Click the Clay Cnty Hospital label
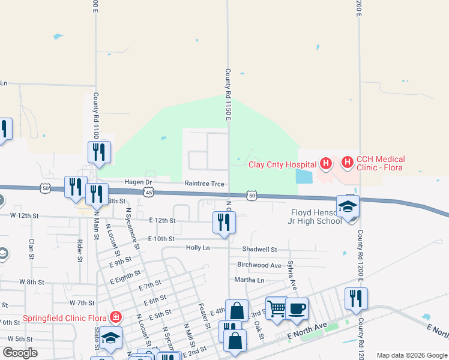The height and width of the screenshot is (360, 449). (x=282, y=164)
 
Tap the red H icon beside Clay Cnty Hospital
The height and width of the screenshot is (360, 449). (x=325, y=163)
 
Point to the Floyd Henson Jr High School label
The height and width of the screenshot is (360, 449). (x=316, y=216)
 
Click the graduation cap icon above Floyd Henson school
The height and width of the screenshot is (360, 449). (x=348, y=207)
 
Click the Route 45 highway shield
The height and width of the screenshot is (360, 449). (x=149, y=191)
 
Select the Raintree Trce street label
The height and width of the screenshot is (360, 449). (x=204, y=183)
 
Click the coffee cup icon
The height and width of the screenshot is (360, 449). (x=297, y=310)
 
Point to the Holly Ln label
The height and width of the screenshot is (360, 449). (x=198, y=247)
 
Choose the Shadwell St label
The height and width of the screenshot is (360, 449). (x=259, y=249)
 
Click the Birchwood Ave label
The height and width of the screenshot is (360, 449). (x=259, y=265)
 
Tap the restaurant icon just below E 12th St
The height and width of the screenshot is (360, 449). (x=224, y=222)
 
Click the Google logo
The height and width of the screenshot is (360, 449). (x=20, y=353)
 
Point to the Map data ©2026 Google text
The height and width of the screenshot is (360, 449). (x=412, y=355)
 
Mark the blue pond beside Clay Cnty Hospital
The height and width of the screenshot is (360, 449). (x=304, y=176)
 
